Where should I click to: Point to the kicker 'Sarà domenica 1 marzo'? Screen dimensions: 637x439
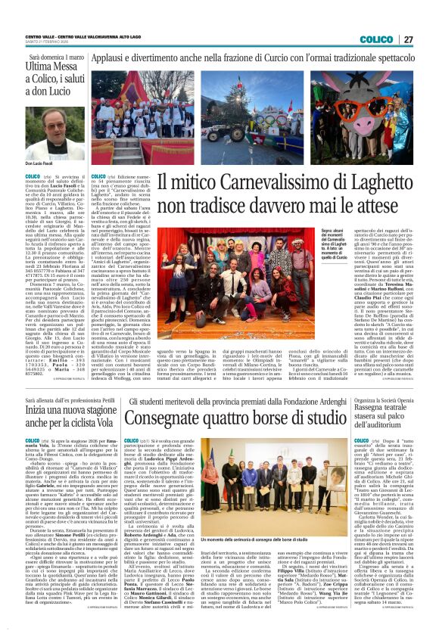58,57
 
